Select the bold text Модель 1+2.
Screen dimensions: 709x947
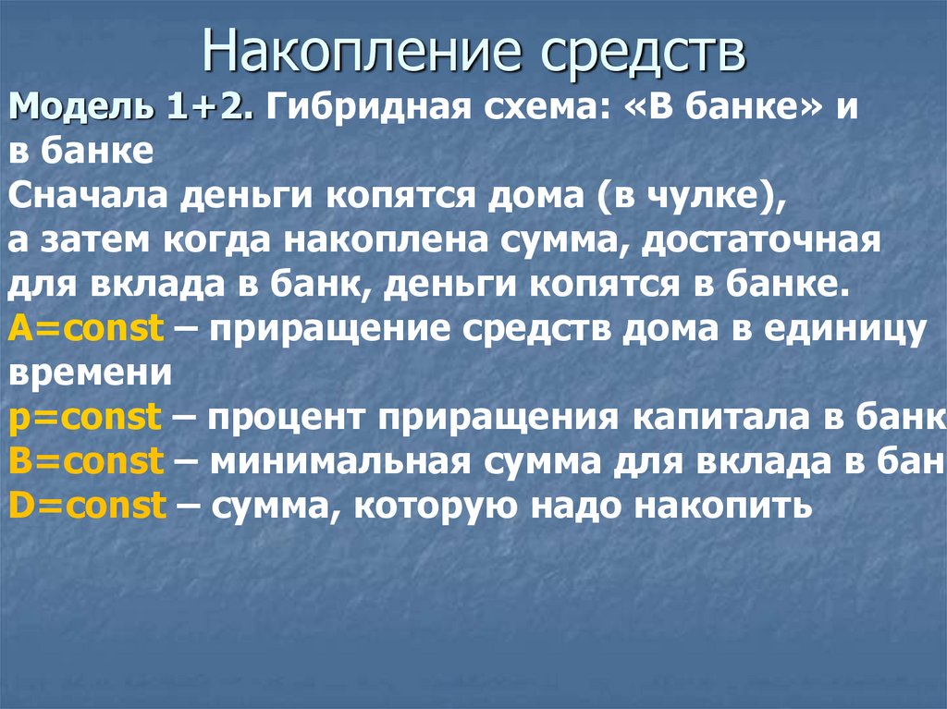coord(129,109)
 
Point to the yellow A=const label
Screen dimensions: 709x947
coord(86,329)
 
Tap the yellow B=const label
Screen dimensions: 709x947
coord(86,460)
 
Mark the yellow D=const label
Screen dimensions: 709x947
coord(86,505)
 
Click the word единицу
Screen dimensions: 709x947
coord(848,329)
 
